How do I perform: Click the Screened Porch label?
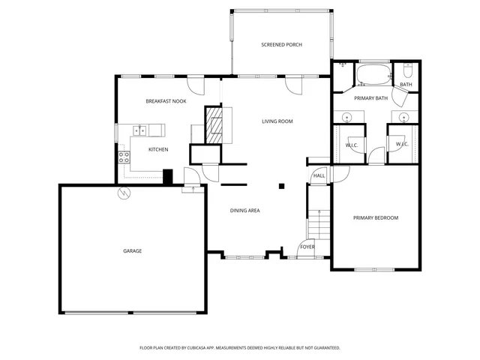[281, 45]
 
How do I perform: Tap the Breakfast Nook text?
[166, 100]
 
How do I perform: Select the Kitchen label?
[157, 149]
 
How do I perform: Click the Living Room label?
[277, 121]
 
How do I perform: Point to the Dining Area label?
[244, 210]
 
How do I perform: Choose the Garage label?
[132, 250]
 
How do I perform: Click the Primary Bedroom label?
[376, 217]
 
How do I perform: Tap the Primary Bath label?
[370, 97]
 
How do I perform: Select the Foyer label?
[307, 247]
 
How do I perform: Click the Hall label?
[319, 175]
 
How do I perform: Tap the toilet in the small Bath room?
[408, 71]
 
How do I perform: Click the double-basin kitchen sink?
[139, 130]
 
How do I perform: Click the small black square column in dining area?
[282, 185]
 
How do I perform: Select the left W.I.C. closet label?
[351, 144]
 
